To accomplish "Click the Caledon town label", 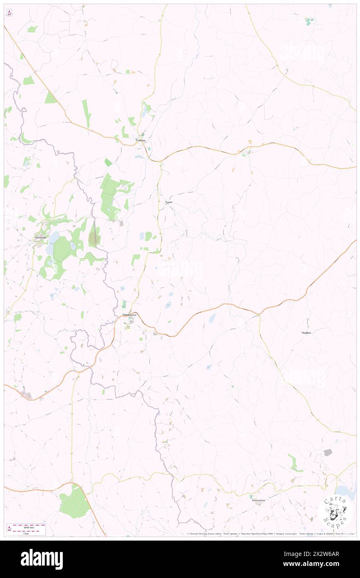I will [141, 141].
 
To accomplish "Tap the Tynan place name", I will [168, 202].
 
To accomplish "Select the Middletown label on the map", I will [129, 315].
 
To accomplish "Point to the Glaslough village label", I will [40, 238].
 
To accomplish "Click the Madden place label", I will [306, 333].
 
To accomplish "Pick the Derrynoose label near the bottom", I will [259, 500].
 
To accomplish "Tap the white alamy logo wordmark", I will [42, 559].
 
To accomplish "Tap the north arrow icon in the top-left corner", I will [10, 13].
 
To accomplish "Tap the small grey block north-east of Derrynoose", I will [328, 452].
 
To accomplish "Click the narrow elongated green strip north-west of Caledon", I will [86, 113].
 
